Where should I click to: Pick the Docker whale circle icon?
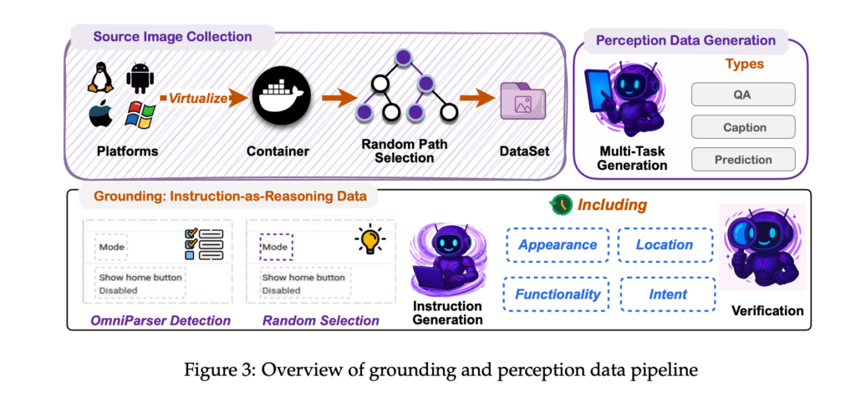click(x=278, y=97)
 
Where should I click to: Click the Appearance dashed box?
click(x=557, y=244)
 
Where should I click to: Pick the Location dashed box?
click(x=665, y=244)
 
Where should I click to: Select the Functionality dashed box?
click(x=557, y=294)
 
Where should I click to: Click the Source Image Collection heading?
click(x=171, y=37)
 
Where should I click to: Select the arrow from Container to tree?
click(x=338, y=98)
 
